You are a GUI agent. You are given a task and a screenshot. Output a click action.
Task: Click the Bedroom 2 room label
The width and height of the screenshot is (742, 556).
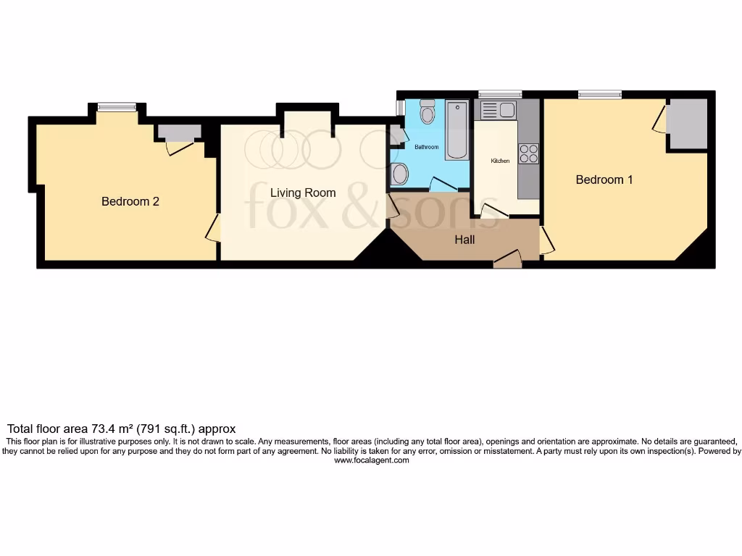[130, 202]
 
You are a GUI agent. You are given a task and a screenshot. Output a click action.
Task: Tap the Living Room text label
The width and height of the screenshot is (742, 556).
[303, 193]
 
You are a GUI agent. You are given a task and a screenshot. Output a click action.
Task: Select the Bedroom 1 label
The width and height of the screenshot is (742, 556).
[604, 180]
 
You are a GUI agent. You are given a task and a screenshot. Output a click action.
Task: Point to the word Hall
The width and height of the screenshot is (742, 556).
[464, 240]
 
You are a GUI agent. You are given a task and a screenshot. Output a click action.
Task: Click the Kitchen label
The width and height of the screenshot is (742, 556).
[500, 161]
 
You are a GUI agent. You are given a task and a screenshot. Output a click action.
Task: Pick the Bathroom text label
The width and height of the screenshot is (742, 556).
[426, 147]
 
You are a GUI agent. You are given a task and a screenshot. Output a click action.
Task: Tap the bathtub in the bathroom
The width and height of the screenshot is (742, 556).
[457, 130]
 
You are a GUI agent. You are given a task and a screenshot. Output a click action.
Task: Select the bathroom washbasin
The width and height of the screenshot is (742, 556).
[399, 174]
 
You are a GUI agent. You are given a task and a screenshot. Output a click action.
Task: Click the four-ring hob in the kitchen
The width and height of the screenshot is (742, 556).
[528, 153]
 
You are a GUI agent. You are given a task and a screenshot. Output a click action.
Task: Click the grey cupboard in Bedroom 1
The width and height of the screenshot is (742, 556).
[686, 124]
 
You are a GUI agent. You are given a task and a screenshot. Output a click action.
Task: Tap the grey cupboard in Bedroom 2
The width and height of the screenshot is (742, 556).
[179, 132]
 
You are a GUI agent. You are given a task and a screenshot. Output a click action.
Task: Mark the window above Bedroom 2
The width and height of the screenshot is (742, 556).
[117, 107]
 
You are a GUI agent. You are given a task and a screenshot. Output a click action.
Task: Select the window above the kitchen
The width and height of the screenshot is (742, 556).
[500, 94]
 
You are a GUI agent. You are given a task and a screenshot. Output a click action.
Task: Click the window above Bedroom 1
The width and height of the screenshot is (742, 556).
[599, 94]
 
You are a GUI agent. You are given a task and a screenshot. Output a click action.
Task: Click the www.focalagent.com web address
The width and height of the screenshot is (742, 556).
[371, 460]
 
